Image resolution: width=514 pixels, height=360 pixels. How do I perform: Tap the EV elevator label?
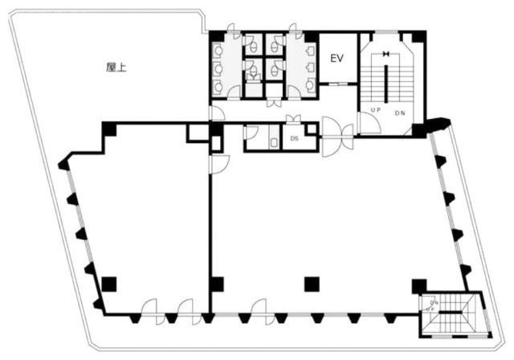[337, 58]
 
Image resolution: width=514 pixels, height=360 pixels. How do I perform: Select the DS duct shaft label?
[294, 139]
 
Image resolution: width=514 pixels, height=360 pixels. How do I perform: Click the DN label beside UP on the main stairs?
[400, 112]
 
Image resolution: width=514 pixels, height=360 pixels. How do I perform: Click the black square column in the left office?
[109, 283]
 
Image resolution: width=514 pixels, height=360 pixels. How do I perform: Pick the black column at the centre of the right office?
[312, 283]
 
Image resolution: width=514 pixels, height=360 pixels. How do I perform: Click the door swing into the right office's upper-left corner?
[218, 163]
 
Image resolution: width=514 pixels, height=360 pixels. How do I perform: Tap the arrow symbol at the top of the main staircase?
[386, 54]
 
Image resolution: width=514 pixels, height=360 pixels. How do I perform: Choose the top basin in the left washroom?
[218, 49]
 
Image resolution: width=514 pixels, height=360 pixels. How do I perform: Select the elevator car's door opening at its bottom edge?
[337, 84]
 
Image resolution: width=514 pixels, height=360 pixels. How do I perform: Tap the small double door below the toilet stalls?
[275, 102]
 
